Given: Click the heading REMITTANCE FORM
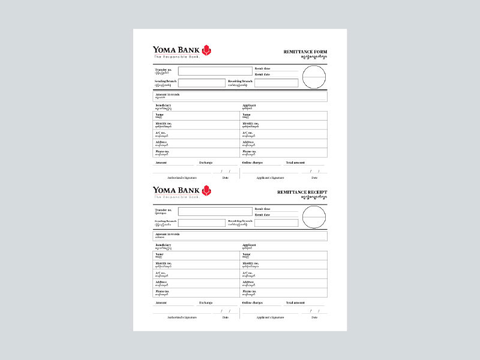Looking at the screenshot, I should click(x=305, y=52).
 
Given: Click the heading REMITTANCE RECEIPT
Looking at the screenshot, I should click(x=302, y=192).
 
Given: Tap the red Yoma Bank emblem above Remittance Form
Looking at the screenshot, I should click(x=207, y=50).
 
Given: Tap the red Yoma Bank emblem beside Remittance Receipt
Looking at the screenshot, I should click(x=207, y=191).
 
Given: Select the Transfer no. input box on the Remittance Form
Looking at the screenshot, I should click(x=215, y=71).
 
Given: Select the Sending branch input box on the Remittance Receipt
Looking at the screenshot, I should click(x=201, y=223).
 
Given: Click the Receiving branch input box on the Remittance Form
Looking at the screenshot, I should click(x=276, y=83).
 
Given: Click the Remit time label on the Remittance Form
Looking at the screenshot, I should click(x=262, y=68).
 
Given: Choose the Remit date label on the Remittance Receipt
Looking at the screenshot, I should click(x=262, y=214).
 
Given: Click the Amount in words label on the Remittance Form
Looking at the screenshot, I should click(x=167, y=94).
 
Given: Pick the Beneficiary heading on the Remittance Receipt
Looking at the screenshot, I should click(x=163, y=245).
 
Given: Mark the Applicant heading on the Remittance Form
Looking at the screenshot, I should click(x=249, y=105).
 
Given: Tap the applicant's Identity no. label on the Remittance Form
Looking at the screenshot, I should click(x=249, y=123).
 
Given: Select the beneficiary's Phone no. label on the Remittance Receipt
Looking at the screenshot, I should click(x=163, y=291).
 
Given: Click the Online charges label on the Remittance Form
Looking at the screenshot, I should click(x=253, y=163).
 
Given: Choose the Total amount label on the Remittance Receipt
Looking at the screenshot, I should click(x=295, y=302).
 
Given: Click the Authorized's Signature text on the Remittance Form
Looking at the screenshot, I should click(x=182, y=178).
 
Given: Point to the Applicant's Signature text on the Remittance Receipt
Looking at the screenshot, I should click(x=270, y=317).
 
